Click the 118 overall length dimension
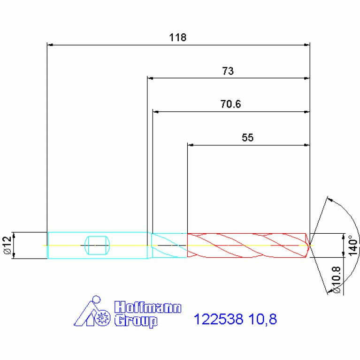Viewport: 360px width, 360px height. click(178, 38)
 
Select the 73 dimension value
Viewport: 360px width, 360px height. click(228, 71)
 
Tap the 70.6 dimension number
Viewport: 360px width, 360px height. click(230, 104)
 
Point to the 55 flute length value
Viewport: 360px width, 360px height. click(247, 138)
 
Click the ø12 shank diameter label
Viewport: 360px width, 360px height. click(8, 245)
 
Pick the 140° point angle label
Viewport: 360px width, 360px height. click(353, 245)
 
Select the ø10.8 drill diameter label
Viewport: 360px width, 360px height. click(336, 280)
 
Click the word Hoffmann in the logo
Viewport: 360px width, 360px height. click(148, 307)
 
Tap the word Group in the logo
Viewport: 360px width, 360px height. click(136, 321)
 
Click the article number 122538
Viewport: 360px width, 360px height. click(218, 319)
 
